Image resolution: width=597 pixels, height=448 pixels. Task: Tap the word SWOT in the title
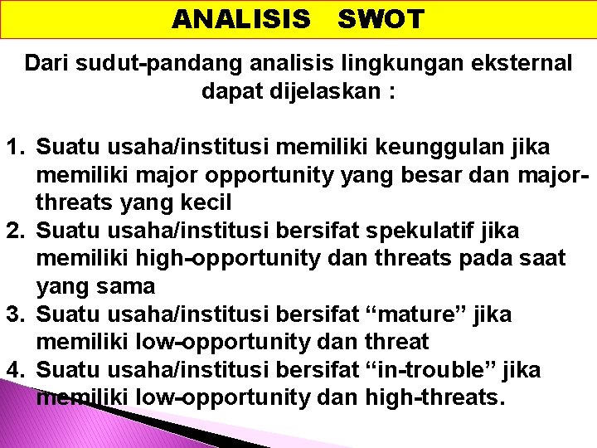point(381,19)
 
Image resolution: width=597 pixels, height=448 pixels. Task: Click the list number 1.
point(15,148)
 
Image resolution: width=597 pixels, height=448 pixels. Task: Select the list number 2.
point(15,230)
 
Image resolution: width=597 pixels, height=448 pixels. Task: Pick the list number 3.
point(15,314)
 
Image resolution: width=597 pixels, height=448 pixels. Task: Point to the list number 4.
point(15,370)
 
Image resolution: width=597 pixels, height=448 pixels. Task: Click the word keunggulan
point(428,148)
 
